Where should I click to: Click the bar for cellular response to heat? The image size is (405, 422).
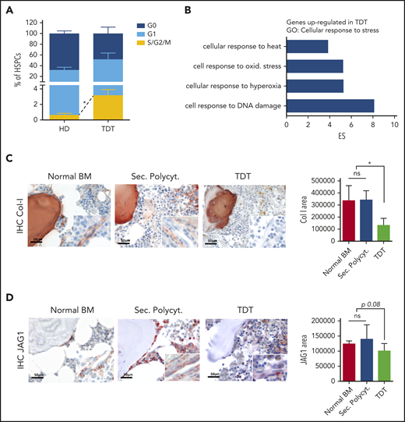click(x=307, y=46)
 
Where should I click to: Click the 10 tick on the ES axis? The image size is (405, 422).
click(x=394, y=124)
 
